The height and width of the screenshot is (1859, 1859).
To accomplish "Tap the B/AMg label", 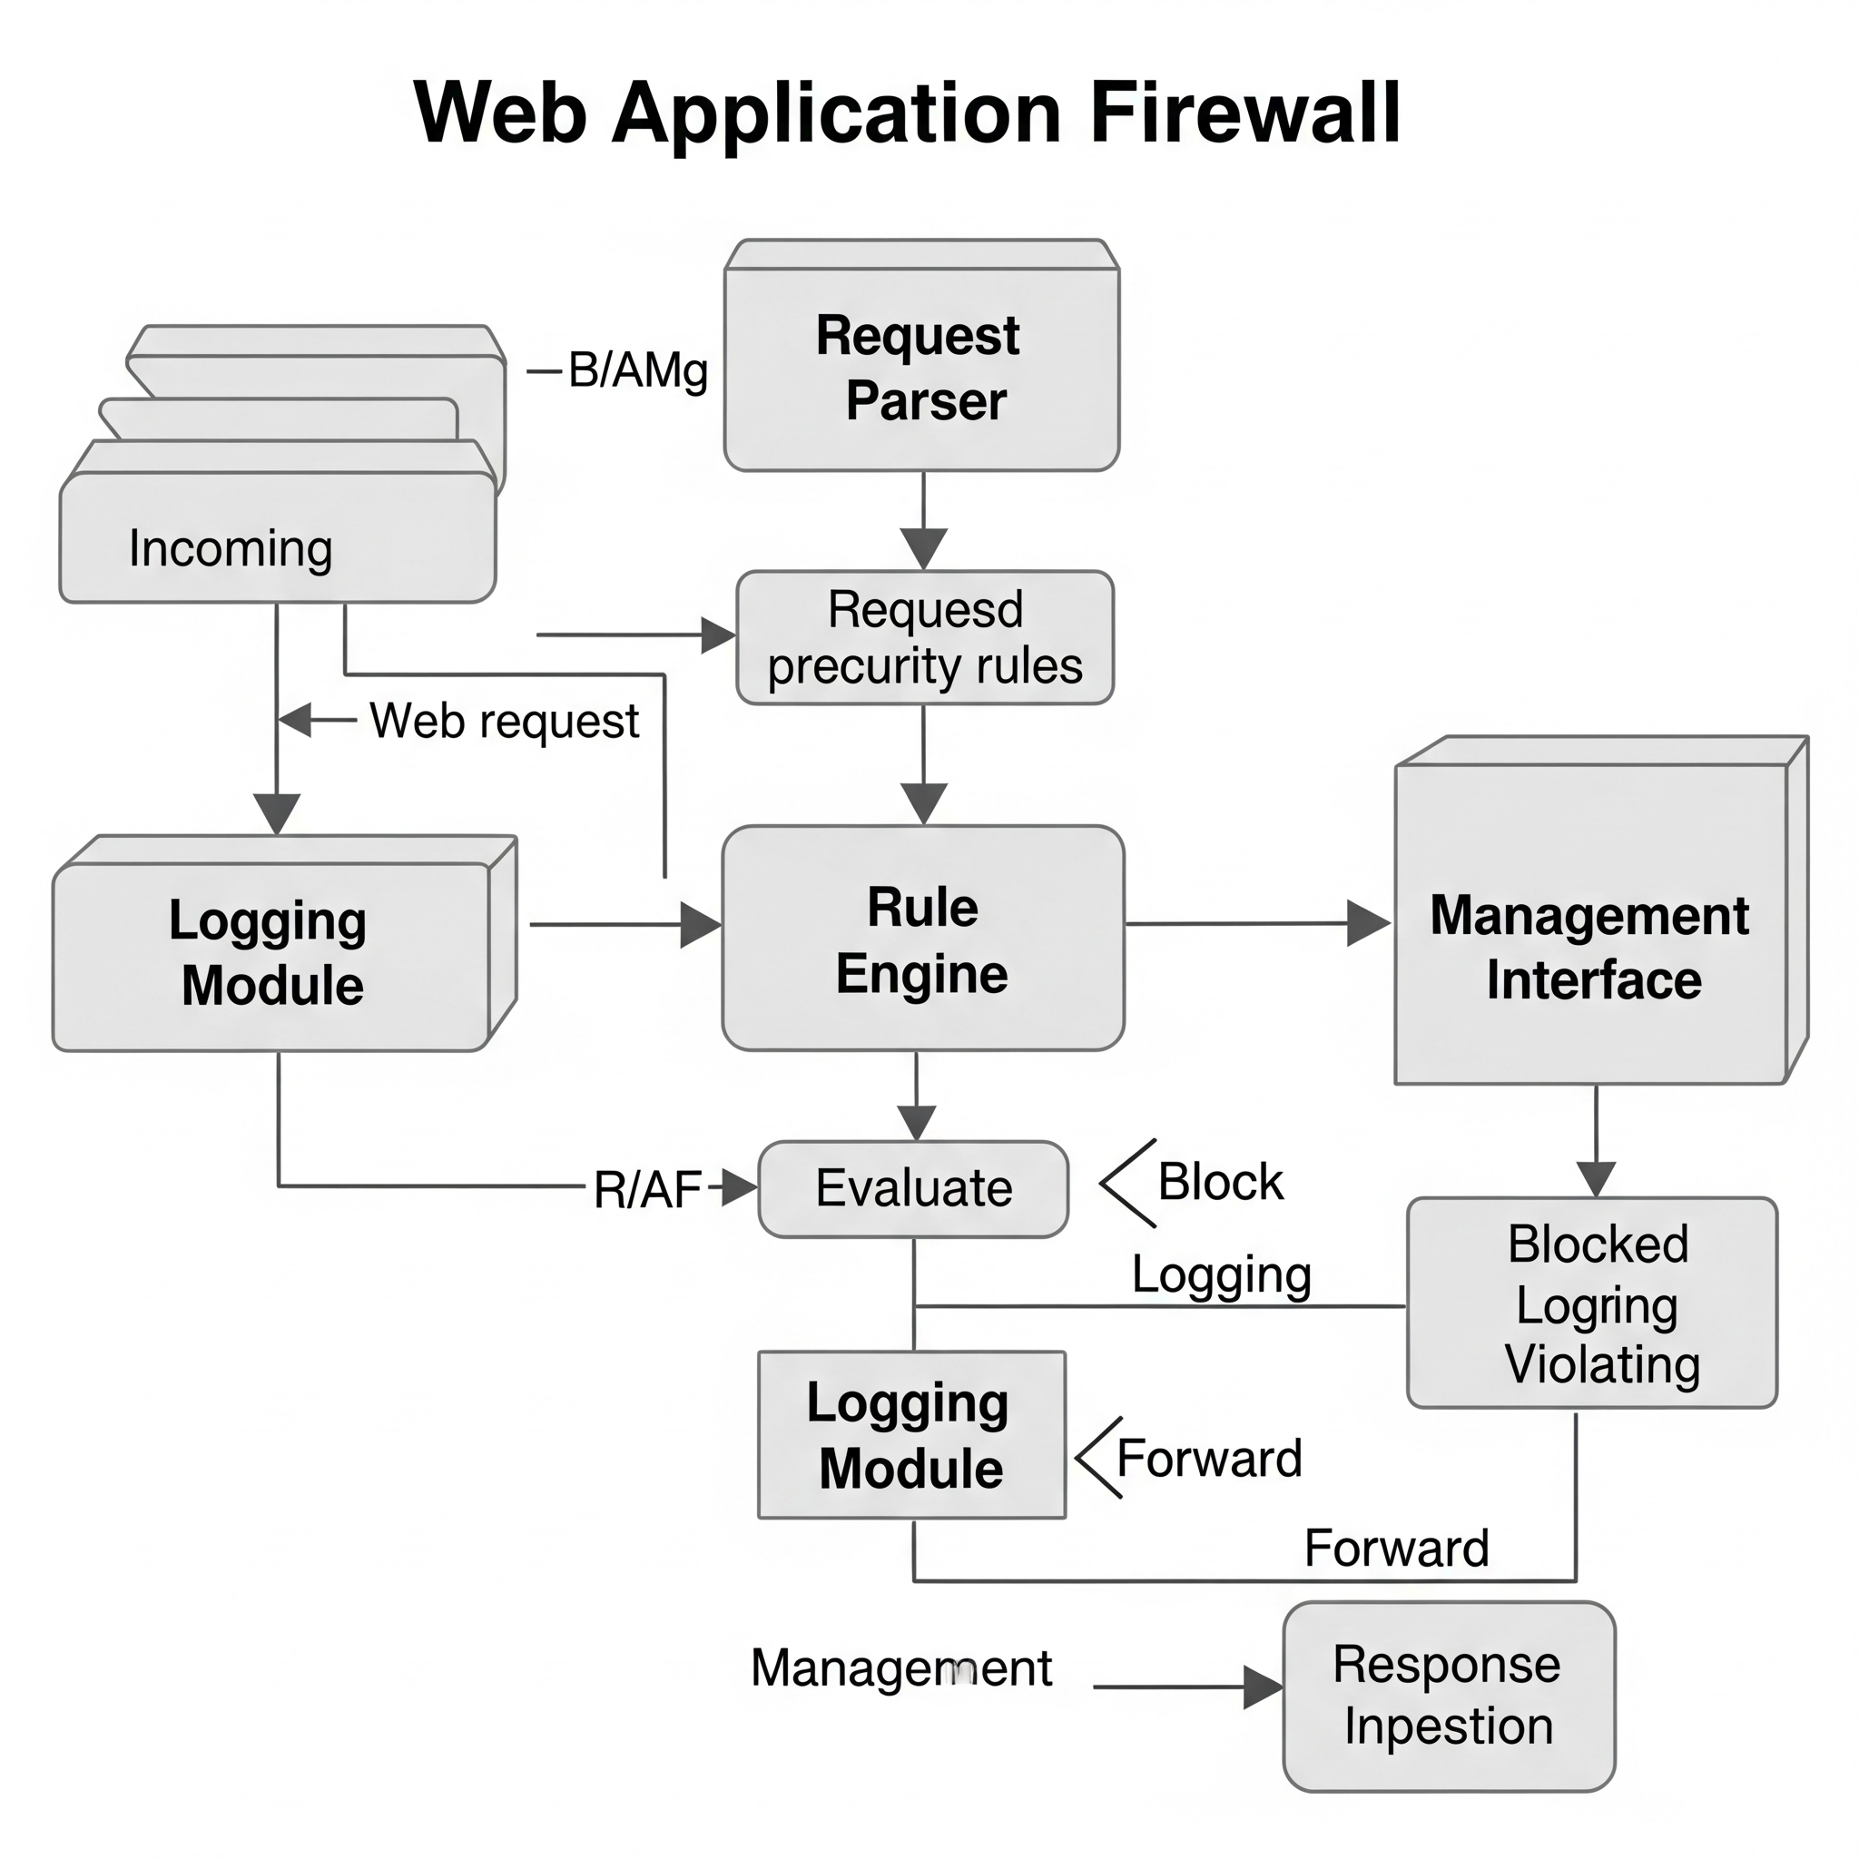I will (x=638, y=370).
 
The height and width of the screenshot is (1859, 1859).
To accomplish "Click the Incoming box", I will (x=277, y=546).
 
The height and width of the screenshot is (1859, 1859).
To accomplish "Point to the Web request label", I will (x=504, y=720).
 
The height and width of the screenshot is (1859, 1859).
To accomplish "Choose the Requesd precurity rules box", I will (x=925, y=637).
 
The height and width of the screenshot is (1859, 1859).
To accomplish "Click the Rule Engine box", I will (x=923, y=939).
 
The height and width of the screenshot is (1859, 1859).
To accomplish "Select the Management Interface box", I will (x=1590, y=947).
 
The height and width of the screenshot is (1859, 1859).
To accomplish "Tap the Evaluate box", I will (x=913, y=1188).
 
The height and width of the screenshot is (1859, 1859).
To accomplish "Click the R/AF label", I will (x=646, y=1190).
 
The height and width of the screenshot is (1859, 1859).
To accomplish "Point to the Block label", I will (x=1220, y=1182).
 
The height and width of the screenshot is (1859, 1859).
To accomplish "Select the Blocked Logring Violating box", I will (x=1591, y=1303).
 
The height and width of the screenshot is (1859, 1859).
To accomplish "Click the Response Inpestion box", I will (x=1448, y=1696).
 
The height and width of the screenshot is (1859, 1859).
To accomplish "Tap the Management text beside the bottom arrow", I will (x=900, y=1667).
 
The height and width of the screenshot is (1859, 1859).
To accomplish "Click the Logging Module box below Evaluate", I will (x=911, y=1435).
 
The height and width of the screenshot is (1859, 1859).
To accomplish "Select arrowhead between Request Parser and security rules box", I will (x=924, y=548).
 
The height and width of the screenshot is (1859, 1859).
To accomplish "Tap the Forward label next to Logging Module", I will (x=1208, y=1458).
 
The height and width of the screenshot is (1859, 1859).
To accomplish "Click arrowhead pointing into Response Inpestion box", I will (x=1264, y=1687).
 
